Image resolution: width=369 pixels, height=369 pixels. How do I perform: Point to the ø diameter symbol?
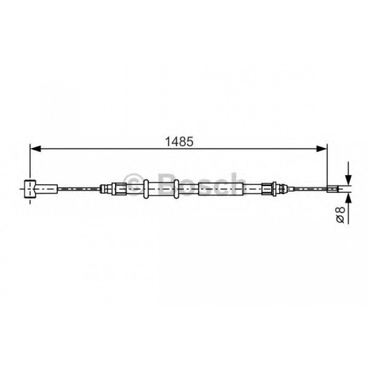(340, 219)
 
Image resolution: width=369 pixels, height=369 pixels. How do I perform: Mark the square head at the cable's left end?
(30, 188)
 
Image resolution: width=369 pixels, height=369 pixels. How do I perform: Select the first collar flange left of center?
(146, 188)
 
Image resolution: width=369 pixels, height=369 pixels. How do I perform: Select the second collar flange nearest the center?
(176, 188)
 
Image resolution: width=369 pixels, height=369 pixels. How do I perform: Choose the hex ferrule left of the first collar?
(120, 188)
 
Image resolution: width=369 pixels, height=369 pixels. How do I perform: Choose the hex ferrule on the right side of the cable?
(267, 188)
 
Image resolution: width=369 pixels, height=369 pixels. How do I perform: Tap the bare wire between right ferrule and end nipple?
(307, 188)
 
